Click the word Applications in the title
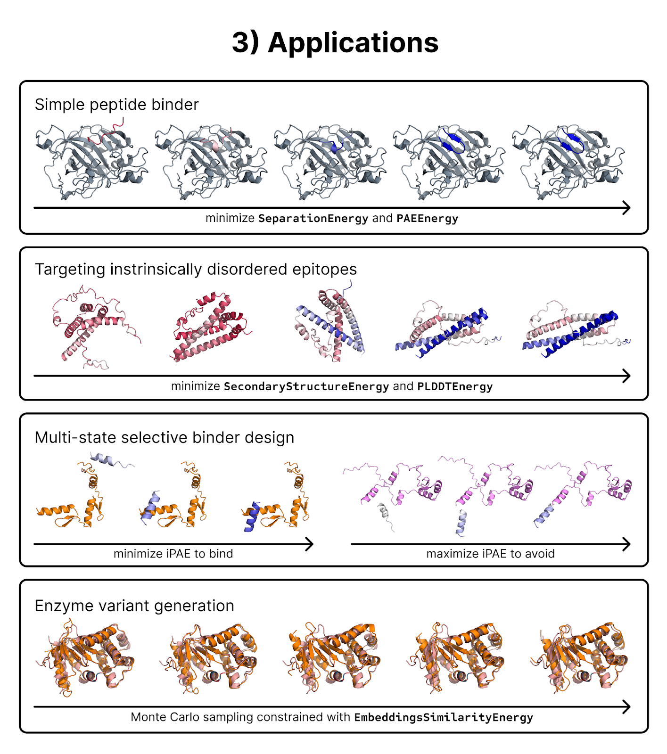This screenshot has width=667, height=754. point(353,43)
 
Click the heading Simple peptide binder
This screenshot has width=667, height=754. point(117,105)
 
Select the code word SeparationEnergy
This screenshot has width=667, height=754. point(313,219)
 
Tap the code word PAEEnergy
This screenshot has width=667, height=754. point(427,219)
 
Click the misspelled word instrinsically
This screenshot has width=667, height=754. point(156,269)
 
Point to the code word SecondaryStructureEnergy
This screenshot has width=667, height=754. point(306,387)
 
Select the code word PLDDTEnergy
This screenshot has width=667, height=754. point(455,387)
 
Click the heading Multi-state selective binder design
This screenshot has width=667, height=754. point(165,438)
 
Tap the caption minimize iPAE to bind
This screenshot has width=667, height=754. point(173,554)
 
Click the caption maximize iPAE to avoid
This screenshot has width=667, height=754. point(491,554)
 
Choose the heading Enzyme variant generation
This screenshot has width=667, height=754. point(134,606)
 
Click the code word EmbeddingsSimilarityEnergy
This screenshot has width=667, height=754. point(444,718)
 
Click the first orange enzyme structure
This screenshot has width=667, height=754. point(85,658)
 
